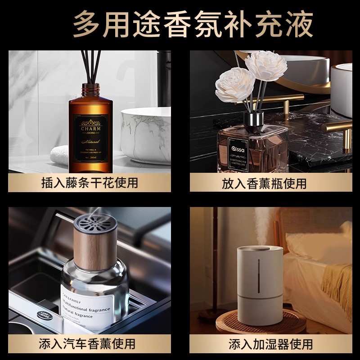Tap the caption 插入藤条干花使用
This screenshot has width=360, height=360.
[90, 183]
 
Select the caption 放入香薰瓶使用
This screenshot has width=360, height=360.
[270, 183]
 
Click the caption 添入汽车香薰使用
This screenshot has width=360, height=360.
[90, 344]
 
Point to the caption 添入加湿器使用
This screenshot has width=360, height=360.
[270, 344]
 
